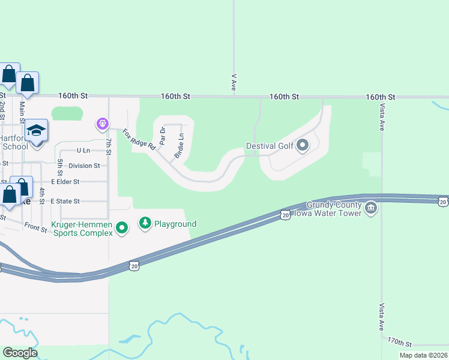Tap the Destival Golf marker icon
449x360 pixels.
(x=303, y=145)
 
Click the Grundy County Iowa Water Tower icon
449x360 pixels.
(x=371, y=208)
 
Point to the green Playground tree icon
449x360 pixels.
(x=145, y=224)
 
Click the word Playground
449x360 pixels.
(x=175, y=224)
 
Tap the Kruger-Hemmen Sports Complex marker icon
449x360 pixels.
(x=122, y=227)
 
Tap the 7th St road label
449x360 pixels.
(x=109, y=146)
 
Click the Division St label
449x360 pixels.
(x=84, y=166)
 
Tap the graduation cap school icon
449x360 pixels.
(x=36, y=130)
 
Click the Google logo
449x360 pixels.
(x=20, y=353)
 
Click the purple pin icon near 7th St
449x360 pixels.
(x=103, y=124)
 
